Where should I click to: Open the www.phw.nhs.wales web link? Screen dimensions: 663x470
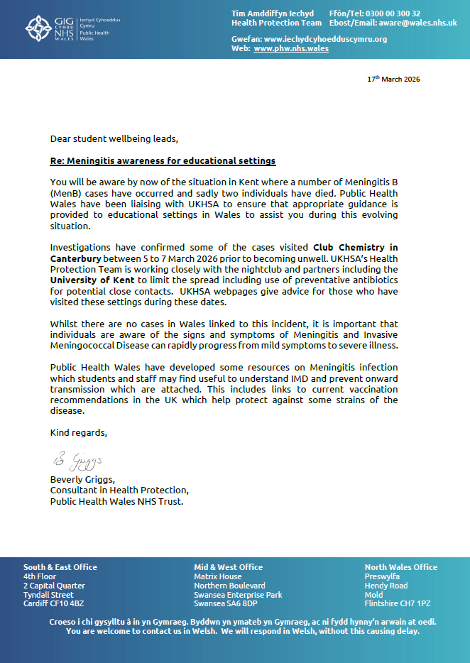tap(290, 48)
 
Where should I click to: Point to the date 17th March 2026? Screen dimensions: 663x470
tap(393, 79)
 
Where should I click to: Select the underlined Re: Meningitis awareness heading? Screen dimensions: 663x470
tap(163, 161)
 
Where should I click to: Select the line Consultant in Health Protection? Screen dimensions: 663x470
tap(119, 490)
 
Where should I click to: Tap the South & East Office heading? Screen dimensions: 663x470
tap(60, 567)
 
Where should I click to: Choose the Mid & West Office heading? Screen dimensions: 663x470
tap(228, 567)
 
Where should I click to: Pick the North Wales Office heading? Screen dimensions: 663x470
tap(400, 567)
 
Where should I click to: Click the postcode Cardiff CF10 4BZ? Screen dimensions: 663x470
tap(53, 604)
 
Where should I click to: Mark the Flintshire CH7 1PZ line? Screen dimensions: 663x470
tap(397, 604)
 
